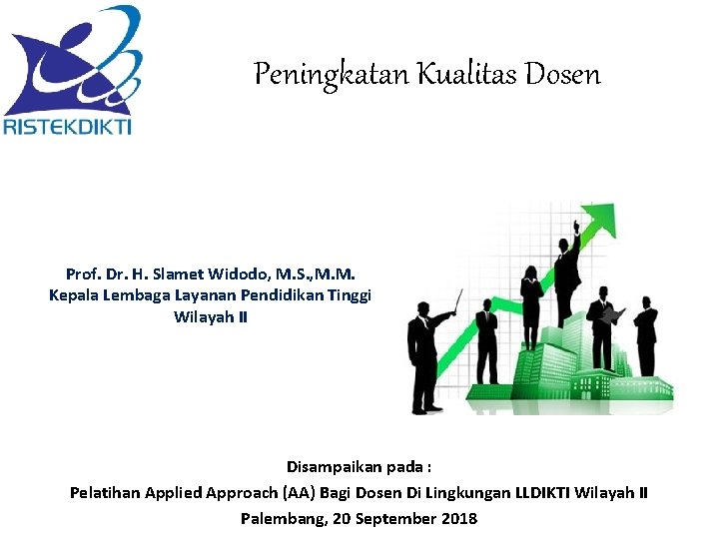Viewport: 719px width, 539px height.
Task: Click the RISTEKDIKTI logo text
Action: tap(68, 126)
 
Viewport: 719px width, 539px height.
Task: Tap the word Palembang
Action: tap(279, 518)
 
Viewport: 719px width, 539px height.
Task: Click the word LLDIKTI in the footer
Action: tap(552, 492)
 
